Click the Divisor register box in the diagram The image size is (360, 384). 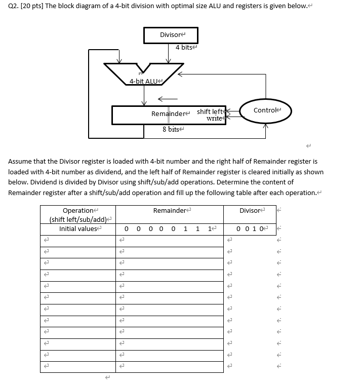click(171, 35)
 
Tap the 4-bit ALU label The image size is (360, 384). click(144, 81)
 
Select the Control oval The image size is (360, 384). click(266, 110)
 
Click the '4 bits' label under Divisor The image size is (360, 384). click(185, 48)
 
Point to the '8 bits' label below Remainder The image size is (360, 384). click(171, 130)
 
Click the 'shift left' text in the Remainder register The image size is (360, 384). click(210, 111)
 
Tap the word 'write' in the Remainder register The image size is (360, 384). click(214, 119)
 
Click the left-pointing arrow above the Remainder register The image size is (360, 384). click(168, 98)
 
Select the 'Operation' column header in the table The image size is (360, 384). click(78, 210)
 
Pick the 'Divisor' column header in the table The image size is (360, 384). click(251, 210)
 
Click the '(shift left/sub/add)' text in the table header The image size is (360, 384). click(79, 219)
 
